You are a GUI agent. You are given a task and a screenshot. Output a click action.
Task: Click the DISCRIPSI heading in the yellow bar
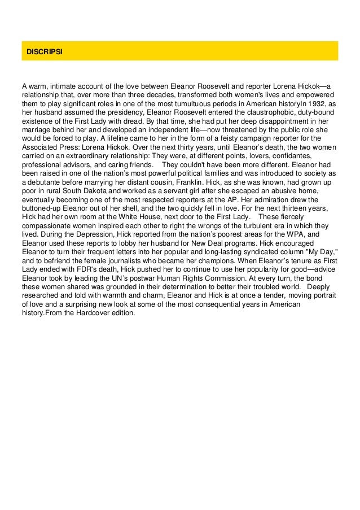click(x=44, y=51)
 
